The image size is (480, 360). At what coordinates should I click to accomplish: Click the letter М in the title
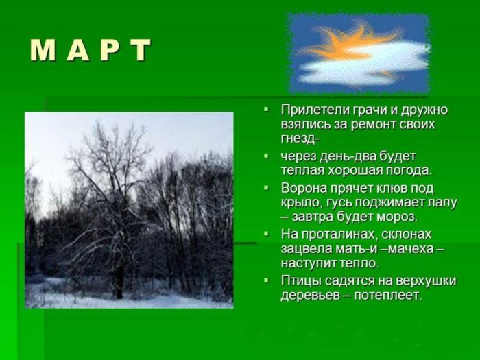(43, 51)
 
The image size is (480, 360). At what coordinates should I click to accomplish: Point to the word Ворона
(304, 187)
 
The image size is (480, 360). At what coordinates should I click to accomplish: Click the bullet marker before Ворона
(266, 187)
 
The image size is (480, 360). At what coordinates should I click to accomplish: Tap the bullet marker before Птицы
(266, 280)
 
